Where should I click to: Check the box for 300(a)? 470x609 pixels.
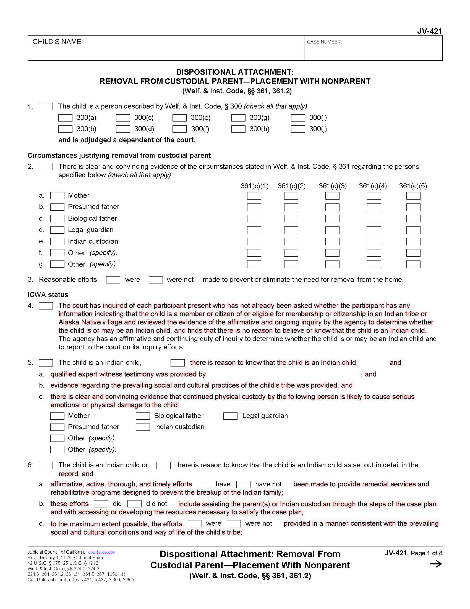pos(65,118)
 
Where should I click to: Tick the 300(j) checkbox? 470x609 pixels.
pos(298,129)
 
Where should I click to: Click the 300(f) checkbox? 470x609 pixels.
pos(179,129)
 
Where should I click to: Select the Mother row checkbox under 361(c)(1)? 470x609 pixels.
pos(254,196)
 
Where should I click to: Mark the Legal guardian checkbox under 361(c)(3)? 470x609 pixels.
pos(332,230)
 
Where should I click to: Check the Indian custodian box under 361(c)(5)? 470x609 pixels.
pos(413,241)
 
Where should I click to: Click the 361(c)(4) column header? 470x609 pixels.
pos(373,186)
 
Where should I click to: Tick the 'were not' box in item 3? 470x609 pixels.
pos(156,280)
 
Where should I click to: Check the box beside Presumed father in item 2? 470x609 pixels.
pos(57,207)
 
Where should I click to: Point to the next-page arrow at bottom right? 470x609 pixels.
pos(435,564)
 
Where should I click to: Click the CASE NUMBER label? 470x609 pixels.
pos(324,42)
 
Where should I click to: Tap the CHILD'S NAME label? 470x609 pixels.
pos(58,42)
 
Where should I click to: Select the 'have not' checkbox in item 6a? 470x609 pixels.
pos(243,484)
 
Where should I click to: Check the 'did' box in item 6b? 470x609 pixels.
pos(101,504)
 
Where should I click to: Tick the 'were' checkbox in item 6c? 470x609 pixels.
pos(194,524)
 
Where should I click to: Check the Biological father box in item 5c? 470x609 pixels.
pos(143,416)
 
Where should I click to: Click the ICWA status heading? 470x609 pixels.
pos(48,295)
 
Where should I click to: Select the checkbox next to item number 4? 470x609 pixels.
pos(46,306)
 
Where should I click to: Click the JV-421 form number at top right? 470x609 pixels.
pos(429,31)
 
